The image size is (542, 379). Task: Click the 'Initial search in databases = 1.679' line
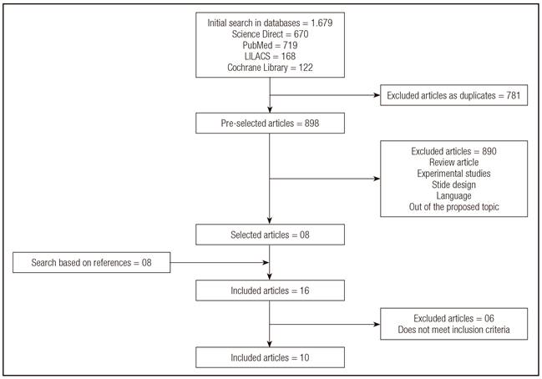[x=270, y=22]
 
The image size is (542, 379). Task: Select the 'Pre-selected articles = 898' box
[x=270, y=124]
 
